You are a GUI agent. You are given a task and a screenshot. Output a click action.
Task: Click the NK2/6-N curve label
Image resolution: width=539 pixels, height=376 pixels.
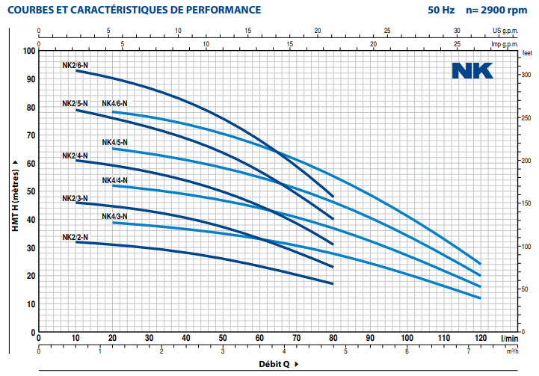[x=75, y=66]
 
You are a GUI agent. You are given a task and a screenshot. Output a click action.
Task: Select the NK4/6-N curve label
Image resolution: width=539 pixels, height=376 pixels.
[x=114, y=103]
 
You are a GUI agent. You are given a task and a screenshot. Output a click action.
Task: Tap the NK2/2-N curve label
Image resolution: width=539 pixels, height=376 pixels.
[x=75, y=237]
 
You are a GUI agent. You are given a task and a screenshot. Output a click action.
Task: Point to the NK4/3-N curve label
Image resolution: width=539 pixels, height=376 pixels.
[x=114, y=216]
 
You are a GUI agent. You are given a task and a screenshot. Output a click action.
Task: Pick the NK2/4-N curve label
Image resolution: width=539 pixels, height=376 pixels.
[x=75, y=156]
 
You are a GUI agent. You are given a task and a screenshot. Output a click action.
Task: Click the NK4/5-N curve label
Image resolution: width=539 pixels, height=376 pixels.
[x=114, y=142]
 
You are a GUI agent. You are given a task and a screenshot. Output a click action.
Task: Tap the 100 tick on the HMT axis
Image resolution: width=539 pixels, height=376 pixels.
[x=29, y=51]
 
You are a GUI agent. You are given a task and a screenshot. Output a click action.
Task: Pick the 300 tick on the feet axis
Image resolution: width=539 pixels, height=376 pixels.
[x=526, y=75]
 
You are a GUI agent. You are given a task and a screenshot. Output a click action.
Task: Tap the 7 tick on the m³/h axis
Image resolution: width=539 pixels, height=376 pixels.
[x=468, y=351]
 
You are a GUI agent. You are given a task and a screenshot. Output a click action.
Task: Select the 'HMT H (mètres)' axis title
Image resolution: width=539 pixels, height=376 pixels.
[x=14, y=191]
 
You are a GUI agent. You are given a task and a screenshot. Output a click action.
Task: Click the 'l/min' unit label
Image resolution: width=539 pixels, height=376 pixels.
[x=508, y=339]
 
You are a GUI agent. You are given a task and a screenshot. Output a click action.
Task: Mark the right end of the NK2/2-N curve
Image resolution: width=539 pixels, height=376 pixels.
[x=332, y=283]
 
